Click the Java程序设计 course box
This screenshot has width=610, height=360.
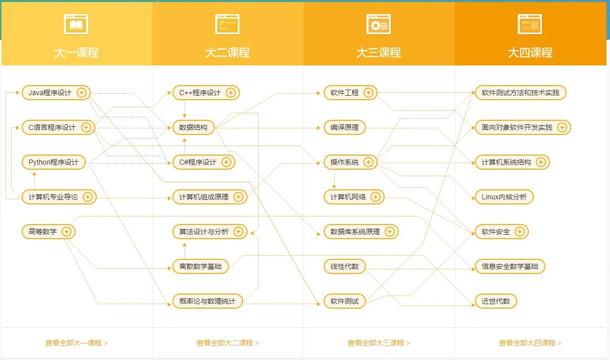(x=56, y=93)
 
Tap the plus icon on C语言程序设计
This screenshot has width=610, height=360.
(x=86, y=127)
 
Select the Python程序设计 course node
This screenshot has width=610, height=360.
(x=54, y=162)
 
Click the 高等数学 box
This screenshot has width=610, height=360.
(x=49, y=232)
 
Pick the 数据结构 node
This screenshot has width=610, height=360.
(x=193, y=127)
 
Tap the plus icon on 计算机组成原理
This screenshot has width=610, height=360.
(x=238, y=197)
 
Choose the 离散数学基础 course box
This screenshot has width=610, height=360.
(x=201, y=267)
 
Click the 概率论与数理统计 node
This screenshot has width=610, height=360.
(x=207, y=301)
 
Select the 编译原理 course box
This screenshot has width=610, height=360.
(x=345, y=127)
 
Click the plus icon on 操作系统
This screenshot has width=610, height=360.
(x=368, y=162)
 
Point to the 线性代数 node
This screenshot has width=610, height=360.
(x=345, y=267)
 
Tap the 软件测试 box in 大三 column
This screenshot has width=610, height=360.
(x=345, y=301)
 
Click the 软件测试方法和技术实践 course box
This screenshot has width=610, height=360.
(x=520, y=93)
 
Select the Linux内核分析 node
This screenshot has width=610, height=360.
(x=504, y=197)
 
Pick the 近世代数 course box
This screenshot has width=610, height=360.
(x=496, y=301)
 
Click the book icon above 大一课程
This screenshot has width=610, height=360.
(x=76, y=24)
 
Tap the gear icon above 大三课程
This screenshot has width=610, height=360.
(x=379, y=24)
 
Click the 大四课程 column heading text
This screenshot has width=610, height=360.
(x=530, y=53)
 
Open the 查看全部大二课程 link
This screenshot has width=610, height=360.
(x=228, y=343)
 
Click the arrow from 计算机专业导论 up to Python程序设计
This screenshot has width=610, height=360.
(x=34, y=181)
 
